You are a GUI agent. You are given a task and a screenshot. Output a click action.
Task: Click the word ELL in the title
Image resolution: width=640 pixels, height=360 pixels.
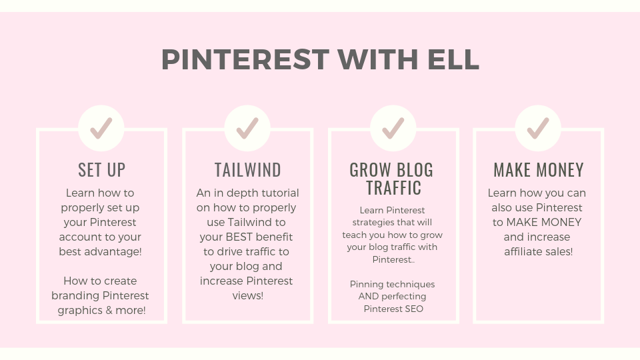(x=453, y=59)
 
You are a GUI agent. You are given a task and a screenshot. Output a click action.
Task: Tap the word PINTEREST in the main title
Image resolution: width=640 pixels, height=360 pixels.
(x=245, y=59)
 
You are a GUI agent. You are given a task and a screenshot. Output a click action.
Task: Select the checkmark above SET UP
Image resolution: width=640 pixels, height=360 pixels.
(x=101, y=128)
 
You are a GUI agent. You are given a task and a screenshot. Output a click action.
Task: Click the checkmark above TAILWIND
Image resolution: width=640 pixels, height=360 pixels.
(x=247, y=128)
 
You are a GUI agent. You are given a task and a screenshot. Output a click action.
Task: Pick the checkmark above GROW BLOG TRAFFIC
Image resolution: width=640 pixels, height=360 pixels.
(x=393, y=128)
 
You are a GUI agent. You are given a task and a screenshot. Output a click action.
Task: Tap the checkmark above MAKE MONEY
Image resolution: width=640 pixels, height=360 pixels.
(x=538, y=128)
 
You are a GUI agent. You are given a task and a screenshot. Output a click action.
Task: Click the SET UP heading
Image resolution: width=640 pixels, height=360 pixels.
(x=101, y=170)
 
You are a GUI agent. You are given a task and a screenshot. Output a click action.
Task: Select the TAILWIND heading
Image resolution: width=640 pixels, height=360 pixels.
(x=248, y=170)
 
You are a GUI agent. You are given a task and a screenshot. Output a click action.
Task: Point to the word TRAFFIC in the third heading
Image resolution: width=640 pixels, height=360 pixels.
(x=393, y=188)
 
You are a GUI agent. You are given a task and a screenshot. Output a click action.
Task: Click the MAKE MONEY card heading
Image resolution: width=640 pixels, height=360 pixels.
(x=539, y=170)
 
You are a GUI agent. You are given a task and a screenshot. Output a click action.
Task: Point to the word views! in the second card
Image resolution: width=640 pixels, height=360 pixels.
(x=248, y=296)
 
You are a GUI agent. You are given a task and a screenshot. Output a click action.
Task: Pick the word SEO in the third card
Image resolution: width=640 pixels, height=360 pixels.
(x=415, y=309)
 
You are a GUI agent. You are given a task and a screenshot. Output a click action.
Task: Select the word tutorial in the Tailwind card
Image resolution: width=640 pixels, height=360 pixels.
(x=280, y=193)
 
